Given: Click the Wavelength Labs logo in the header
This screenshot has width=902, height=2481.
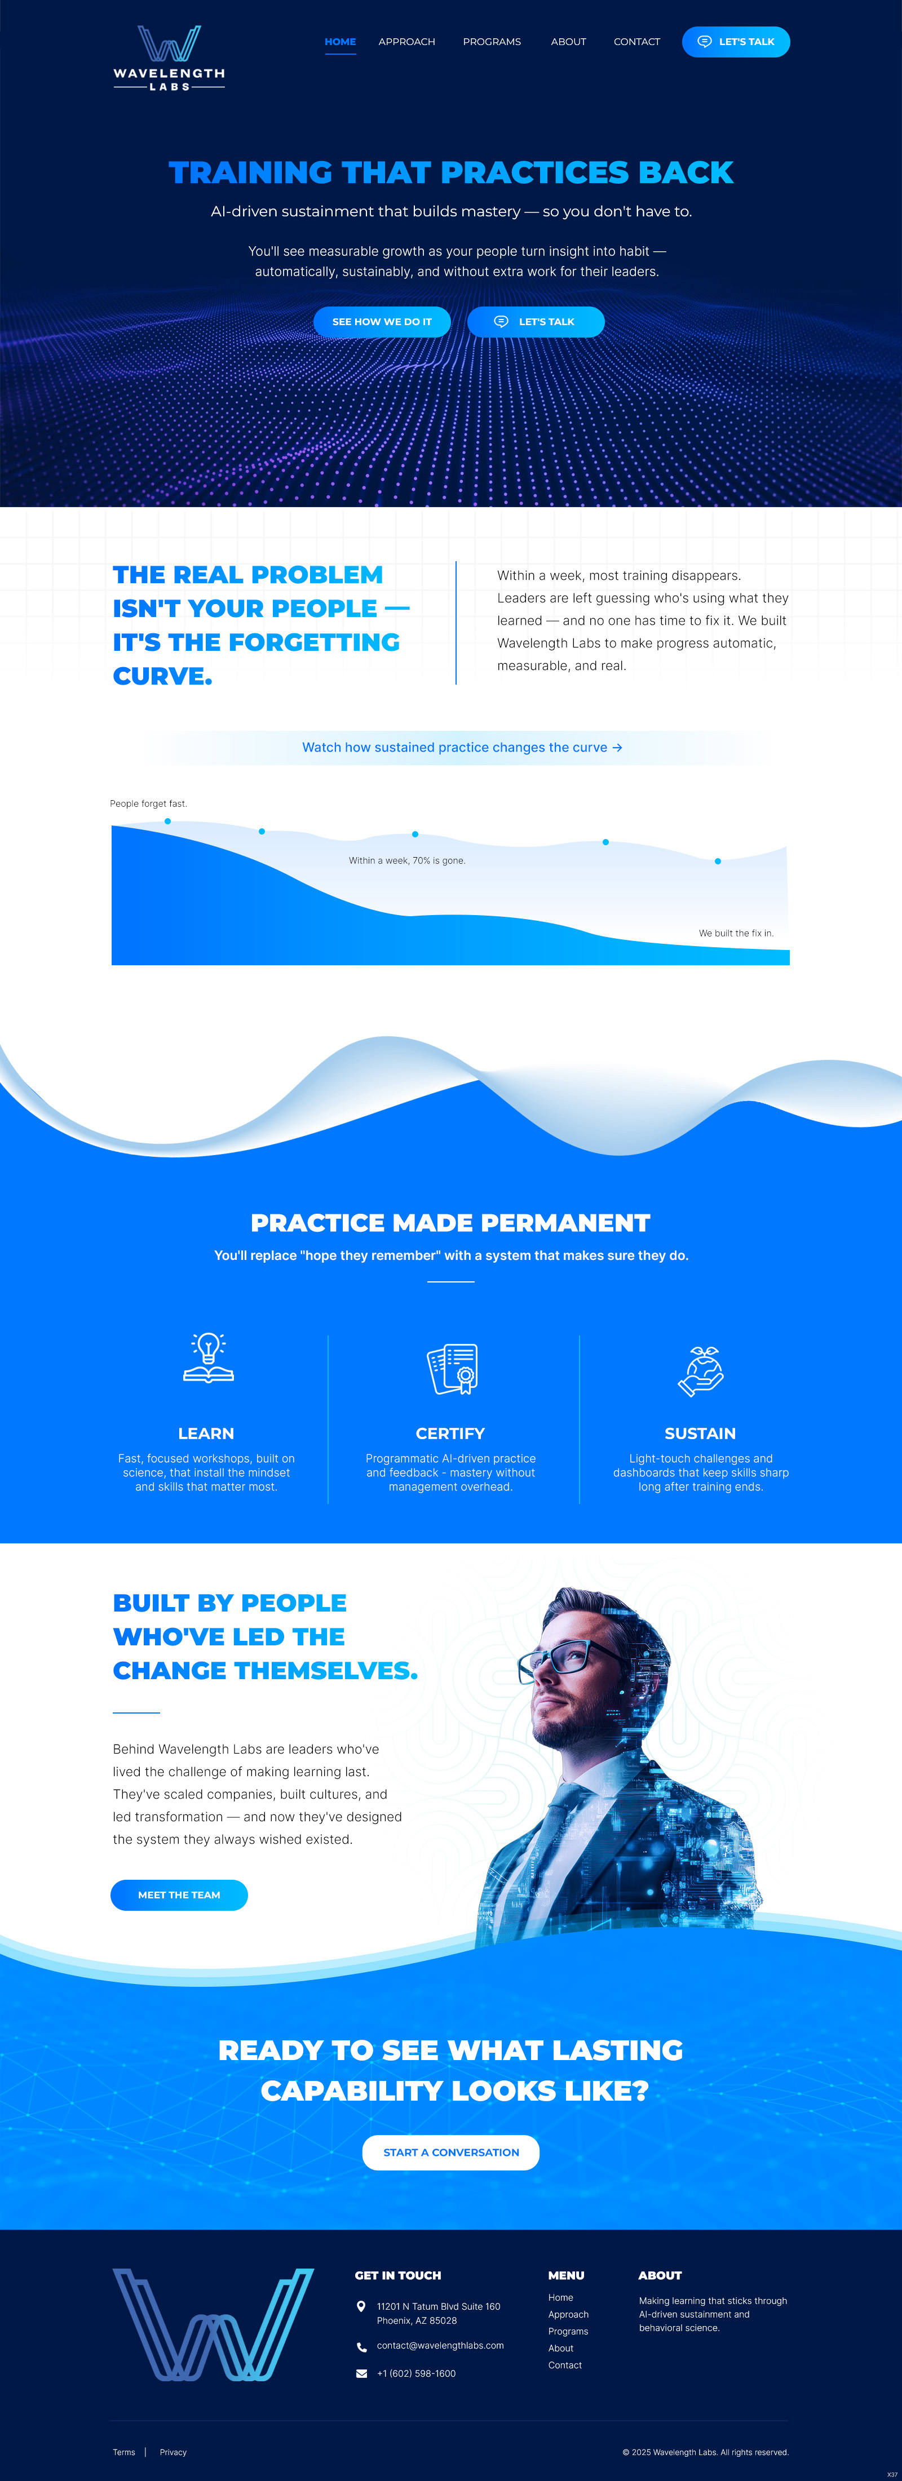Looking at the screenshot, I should [169, 58].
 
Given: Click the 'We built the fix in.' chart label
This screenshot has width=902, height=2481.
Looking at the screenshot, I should [735, 933].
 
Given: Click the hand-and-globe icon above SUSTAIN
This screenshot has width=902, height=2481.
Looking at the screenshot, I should [701, 1370].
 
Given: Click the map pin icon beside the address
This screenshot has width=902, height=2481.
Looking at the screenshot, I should [361, 2307].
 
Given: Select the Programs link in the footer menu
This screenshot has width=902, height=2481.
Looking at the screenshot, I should [568, 2332].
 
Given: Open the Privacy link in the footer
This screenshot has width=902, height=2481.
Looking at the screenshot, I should [174, 2452].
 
